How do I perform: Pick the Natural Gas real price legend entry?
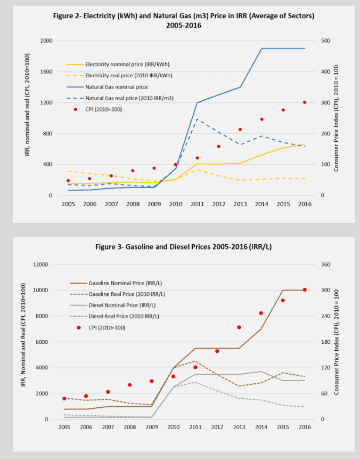click(x=129, y=98)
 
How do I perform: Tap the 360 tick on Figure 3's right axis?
click(x=323, y=264)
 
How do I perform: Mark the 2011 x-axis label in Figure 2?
click(x=197, y=204)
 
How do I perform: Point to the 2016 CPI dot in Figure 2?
click(x=305, y=102)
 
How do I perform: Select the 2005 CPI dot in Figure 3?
click(x=64, y=398)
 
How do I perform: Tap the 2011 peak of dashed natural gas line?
click(x=197, y=119)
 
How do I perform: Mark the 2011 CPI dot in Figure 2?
click(x=197, y=158)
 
